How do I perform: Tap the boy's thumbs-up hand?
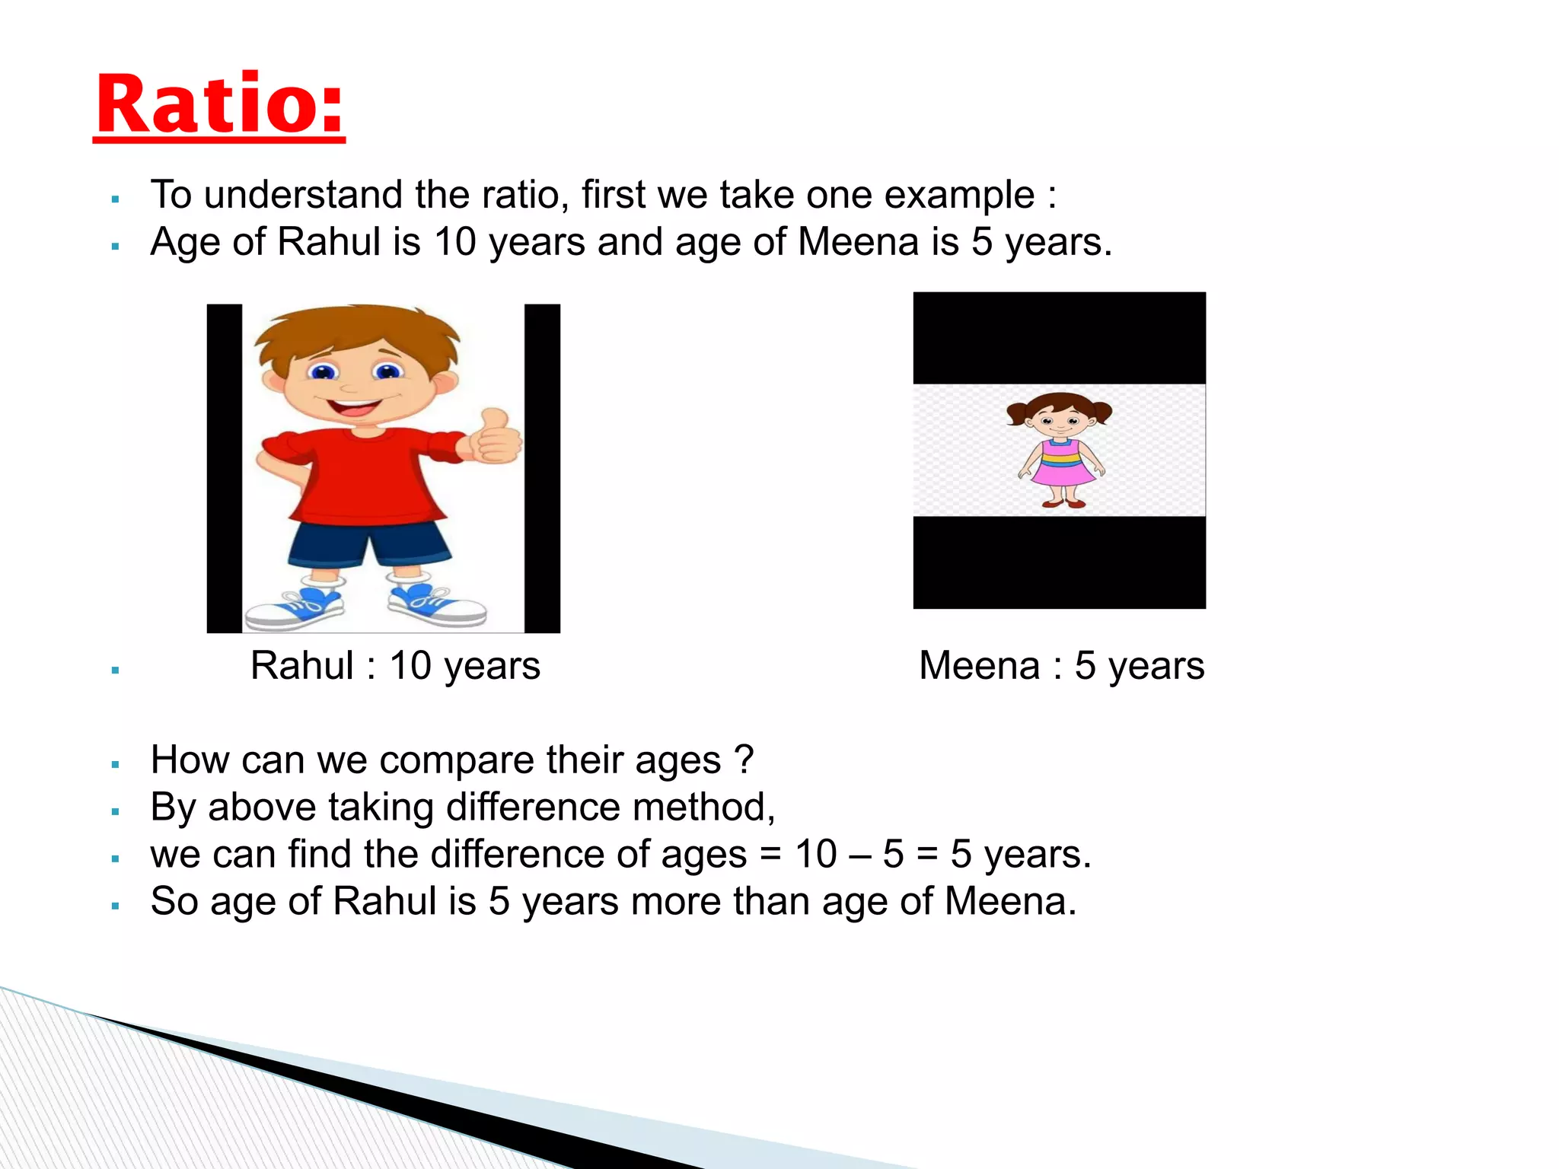tap(496, 438)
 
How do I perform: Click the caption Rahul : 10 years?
tap(395, 666)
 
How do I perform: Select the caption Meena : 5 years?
tap(1061, 666)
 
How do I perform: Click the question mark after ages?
tap(744, 759)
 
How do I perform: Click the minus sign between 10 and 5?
tap(859, 855)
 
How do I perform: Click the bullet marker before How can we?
tap(116, 764)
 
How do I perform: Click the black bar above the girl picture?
tap(1059, 337)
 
